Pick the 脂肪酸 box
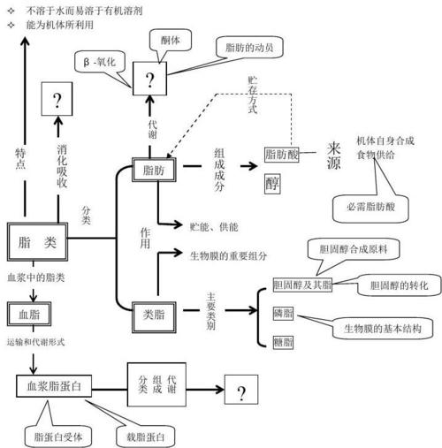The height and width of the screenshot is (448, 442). point(281,155)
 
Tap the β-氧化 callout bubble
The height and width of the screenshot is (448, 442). point(98,65)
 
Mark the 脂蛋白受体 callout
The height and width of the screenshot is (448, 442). point(57,435)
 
